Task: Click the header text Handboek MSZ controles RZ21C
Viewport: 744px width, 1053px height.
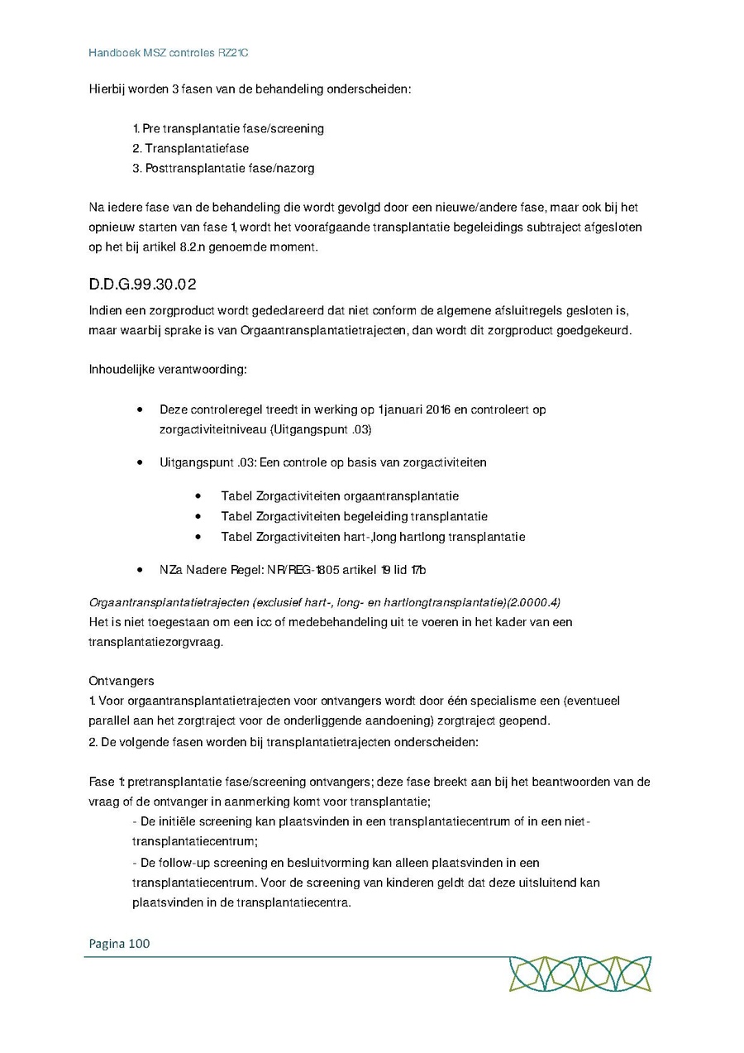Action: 169,52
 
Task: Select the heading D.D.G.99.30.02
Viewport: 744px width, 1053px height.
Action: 142,285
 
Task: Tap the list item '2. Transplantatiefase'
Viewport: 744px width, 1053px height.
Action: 190,149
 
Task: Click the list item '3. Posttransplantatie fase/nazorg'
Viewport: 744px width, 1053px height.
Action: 223,169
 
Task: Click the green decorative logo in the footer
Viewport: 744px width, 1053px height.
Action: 579,974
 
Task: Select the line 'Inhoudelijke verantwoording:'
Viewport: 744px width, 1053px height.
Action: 168,369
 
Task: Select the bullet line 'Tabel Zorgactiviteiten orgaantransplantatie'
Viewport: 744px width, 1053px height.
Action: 340,496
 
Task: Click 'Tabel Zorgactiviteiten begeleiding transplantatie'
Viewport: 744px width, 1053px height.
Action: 354,516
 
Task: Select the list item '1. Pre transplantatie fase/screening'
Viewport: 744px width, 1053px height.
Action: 228,129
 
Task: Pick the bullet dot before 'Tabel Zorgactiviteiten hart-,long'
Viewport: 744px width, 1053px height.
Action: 199,537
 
